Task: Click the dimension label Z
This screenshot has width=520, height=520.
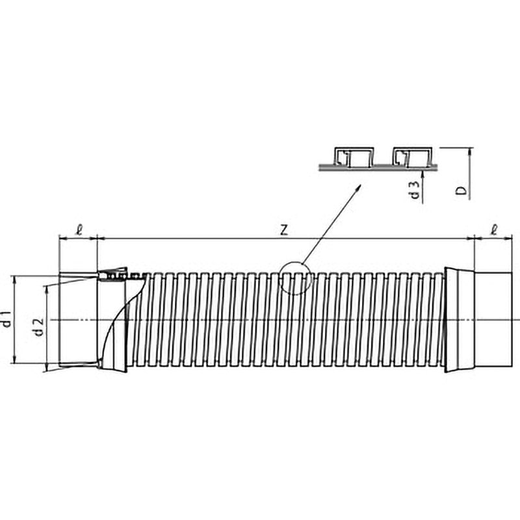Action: [284, 230]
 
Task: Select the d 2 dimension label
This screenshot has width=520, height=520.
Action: [39, 327]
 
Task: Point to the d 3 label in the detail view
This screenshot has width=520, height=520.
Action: [415, 189]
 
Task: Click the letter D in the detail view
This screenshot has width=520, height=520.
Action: [461, 190]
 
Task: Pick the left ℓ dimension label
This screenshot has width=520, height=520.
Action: [79, 230]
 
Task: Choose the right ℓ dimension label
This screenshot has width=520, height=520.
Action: [494, 230]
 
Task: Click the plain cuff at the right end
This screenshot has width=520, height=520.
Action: [493, 319]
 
